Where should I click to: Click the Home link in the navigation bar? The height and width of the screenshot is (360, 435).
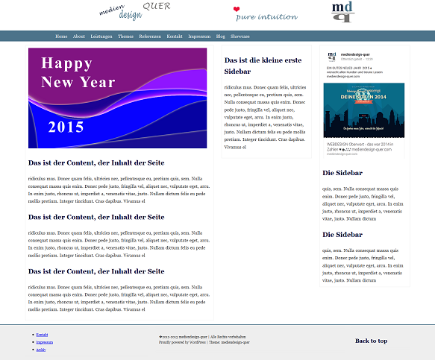(61, 36)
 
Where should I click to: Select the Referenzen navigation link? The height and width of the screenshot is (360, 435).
(150, 36)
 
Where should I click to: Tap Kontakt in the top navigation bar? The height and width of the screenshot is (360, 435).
(175, 36)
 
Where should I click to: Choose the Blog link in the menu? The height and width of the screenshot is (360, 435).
(221, 36)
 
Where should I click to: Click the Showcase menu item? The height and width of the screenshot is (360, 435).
(240, 36)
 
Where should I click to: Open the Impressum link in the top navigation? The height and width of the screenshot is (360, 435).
(199, 36)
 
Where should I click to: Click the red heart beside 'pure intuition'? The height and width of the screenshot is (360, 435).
(237, 10)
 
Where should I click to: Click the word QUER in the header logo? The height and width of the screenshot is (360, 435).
(156, 7)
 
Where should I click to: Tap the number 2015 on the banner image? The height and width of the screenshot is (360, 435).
(66, 127)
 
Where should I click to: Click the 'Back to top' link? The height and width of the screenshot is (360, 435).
(371, 341)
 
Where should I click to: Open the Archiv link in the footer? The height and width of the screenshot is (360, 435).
(41, 350)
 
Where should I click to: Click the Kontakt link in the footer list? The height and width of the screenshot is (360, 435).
(42, 335)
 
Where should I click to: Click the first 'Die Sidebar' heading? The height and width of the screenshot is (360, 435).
(342, 173)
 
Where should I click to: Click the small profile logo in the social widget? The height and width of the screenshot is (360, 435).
(331, 56)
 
